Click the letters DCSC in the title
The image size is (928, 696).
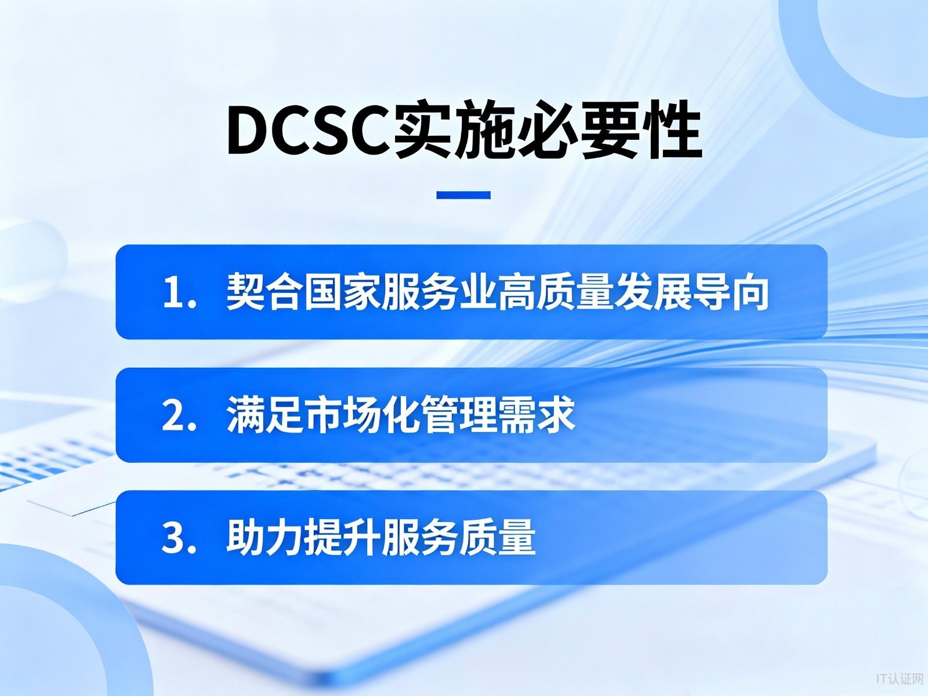pos(308,129)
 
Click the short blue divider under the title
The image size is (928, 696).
pos(463,195)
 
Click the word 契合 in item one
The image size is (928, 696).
pos(264,292)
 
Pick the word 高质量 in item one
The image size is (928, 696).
pos(556,292)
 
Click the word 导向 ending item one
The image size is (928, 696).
pos(730,292)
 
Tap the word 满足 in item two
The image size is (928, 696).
pos(264,415)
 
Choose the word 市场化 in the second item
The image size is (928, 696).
pos(362,415)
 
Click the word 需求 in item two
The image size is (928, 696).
pos(537,415)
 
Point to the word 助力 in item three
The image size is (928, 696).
pos(264,538)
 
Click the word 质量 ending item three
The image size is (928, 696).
pos(498,538)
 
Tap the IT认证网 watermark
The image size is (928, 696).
pos(899,679)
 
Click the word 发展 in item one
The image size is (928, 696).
pos(652,292)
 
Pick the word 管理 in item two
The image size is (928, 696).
pos(459,415)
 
